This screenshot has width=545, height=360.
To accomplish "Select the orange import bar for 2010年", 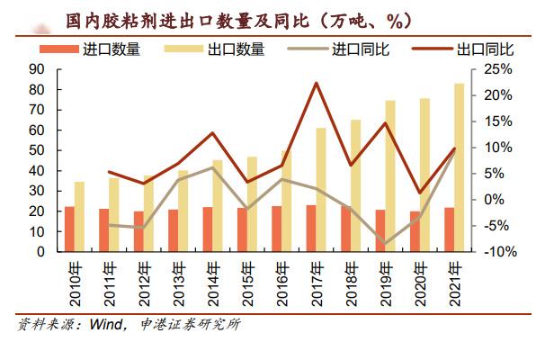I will (x=69, y=229).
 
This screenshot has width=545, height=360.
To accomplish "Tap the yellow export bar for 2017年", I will (x=321, y=190).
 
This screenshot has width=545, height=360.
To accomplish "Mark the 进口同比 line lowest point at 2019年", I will (x=386, y=244).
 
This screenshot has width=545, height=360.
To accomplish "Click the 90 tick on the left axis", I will (x=38, y=69).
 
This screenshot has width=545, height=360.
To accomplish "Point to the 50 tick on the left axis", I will (x=38, y=150).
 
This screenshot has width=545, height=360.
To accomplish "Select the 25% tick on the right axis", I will (x=500, y=69).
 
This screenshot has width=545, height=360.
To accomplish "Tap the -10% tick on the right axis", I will (x=498, y=252).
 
